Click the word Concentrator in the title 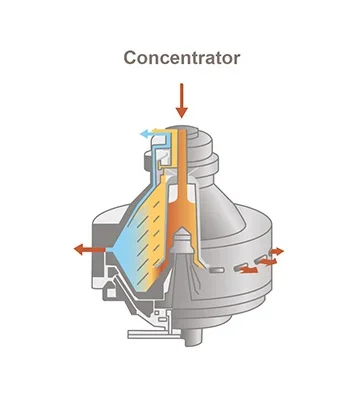click(181, 58)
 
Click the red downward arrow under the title click(181, 101)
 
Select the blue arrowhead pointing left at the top click(143, 132)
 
